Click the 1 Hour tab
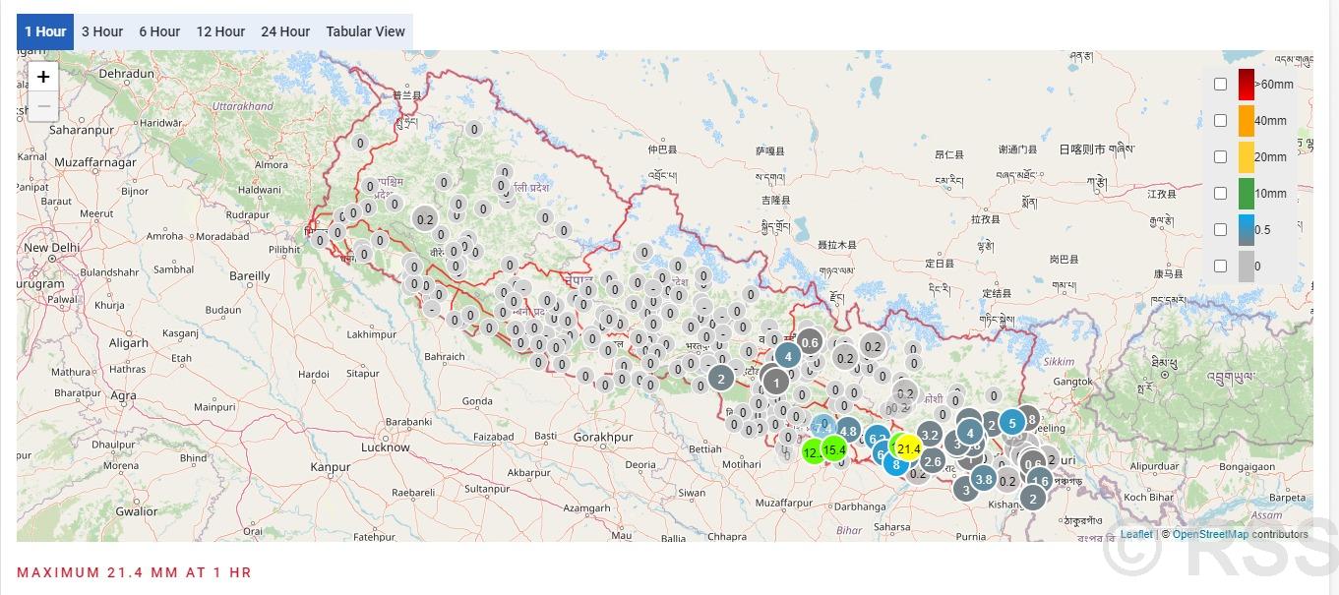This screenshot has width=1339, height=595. click(x=45, y=31)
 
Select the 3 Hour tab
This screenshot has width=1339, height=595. click(x=102, y=31)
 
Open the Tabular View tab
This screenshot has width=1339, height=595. click(x=365, y=31)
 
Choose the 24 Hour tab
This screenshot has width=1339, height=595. click(x=285, y=31)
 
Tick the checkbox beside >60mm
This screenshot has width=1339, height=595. click(x=1220, y=85)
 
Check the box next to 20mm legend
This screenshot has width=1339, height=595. click(x=1220, y=157)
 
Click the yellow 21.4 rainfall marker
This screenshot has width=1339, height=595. click(x=908, y=449)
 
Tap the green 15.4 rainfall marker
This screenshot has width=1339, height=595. click(x=834, y=450)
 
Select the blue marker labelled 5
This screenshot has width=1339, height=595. click(x=1012, y=424)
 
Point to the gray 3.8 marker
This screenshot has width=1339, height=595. click(x=984, y=480)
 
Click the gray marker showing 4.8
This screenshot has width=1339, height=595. click(x=847, y=431)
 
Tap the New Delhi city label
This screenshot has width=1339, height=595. click(x=51, y=248)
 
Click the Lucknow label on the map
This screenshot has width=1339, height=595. click(x=385, y=447)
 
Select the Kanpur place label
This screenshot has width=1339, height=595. click(x=331, y=467)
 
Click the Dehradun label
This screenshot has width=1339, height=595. click(x=127, y=74)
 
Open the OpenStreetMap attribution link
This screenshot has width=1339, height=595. click(x=1210, y=535)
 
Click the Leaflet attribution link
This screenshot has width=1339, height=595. click(x=1136, y=535)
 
